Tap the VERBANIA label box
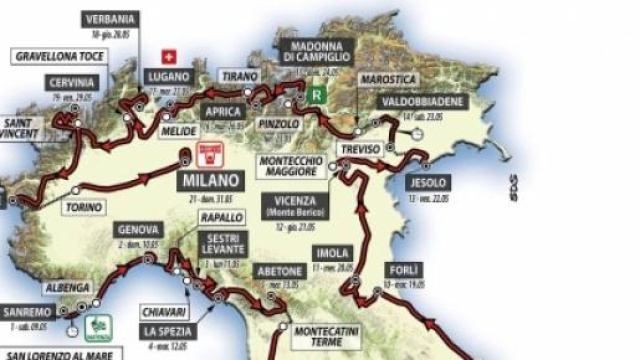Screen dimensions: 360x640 point(113,19)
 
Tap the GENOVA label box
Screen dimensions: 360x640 point(138,229)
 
